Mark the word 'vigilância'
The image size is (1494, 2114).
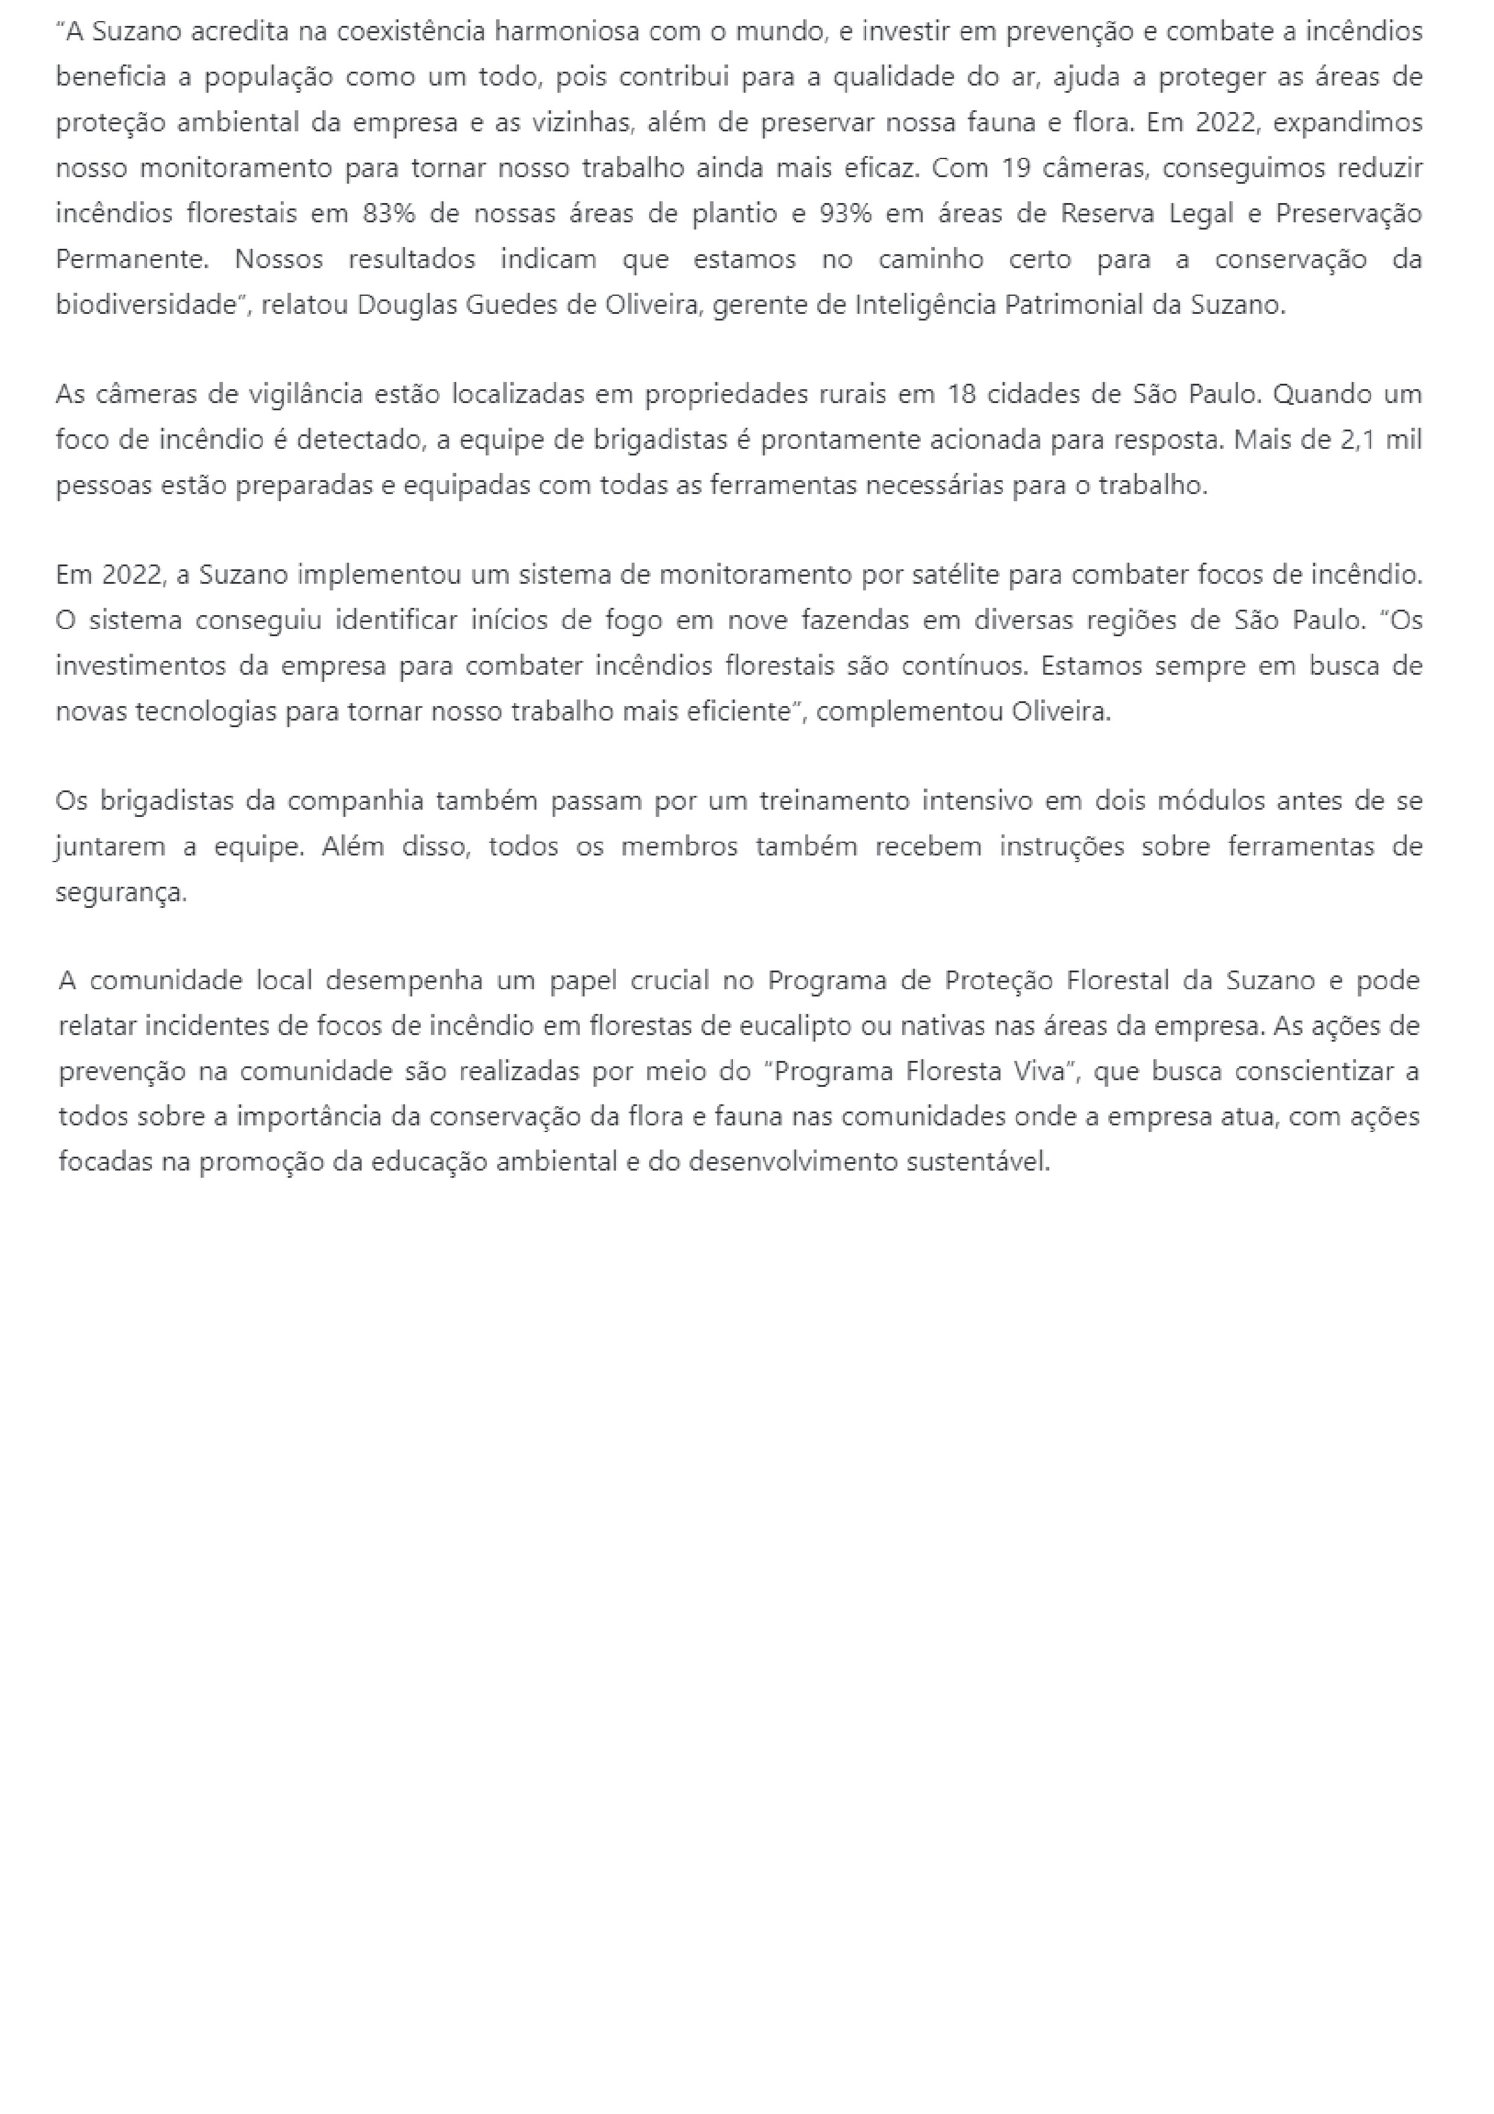click(x=307, y=394)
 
